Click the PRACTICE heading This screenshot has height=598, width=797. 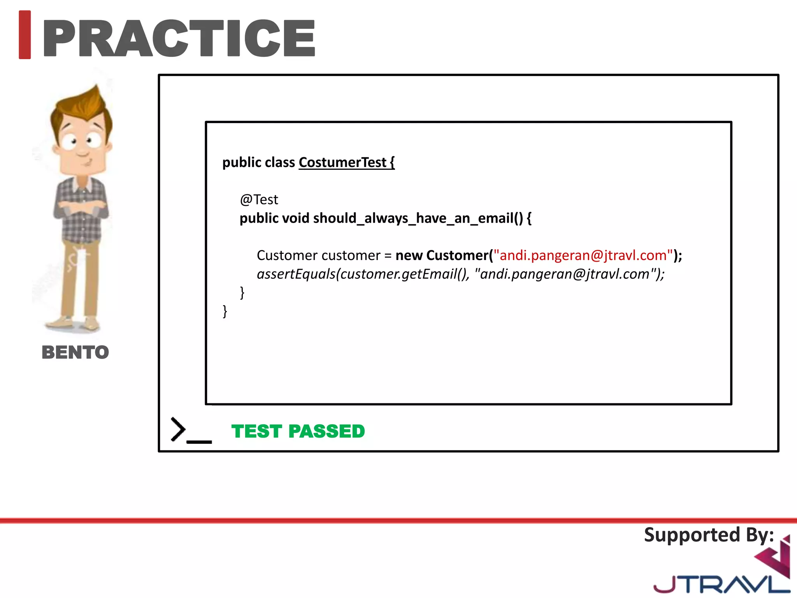point(179,38)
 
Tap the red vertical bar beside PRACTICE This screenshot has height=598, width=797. point(25,35)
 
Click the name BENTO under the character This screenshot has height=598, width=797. point(75,352)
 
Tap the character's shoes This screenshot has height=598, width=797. point(74,323)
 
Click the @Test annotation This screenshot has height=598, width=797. point(259,200)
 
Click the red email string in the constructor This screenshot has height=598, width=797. point(583,255)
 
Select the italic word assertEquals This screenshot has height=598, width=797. point(296,274)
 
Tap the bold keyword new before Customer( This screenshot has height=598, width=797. point(409,255)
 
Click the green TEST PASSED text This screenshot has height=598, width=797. point(298,431)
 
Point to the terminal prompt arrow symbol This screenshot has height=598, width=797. point(178,429)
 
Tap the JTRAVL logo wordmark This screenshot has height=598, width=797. point(720,584)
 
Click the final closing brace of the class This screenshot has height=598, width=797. point(225,311)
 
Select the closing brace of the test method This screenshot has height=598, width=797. point(242,292)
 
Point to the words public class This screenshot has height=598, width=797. point(258,162)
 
